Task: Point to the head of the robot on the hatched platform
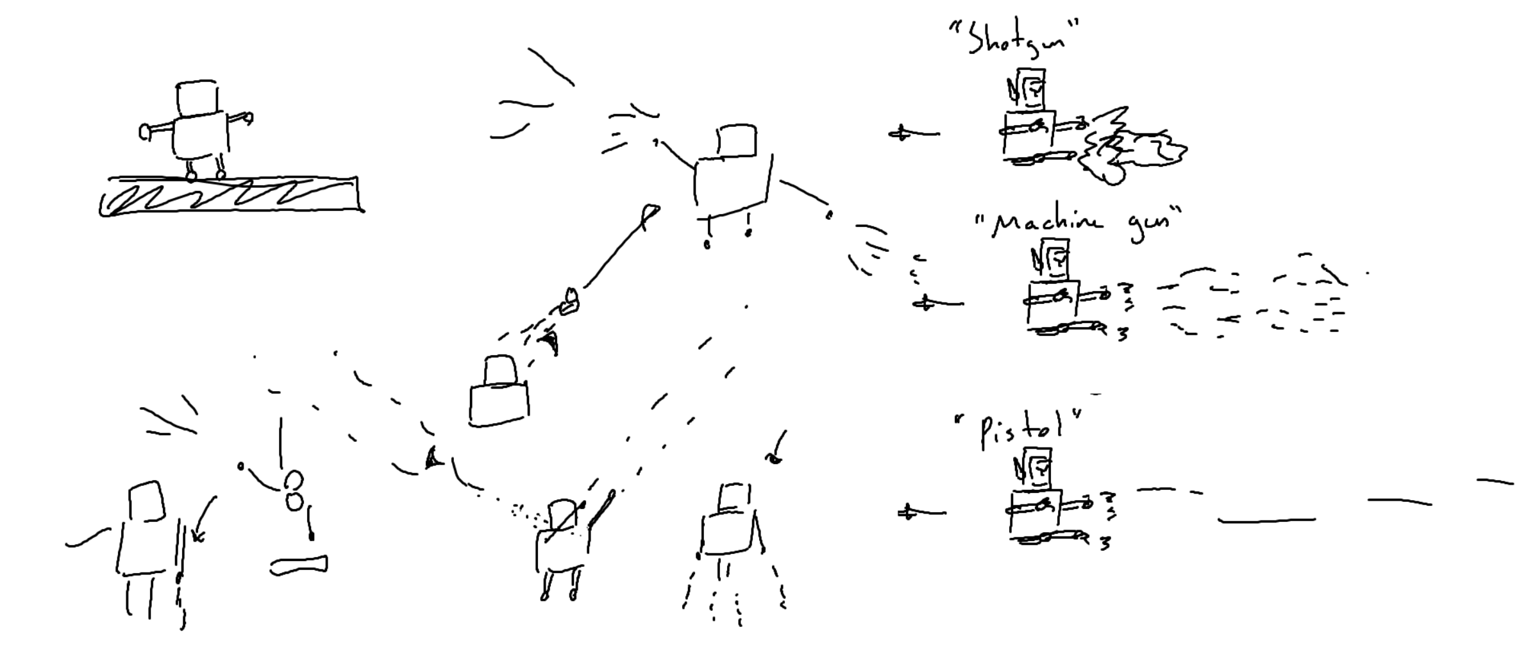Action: [196, 98]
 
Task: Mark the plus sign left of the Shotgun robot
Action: [901, 134]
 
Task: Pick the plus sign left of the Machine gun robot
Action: [924, 304]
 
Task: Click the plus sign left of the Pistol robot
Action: [906, 513]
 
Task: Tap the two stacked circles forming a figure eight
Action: [294, 490]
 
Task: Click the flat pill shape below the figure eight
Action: [299, 565]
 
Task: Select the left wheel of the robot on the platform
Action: [191, 176]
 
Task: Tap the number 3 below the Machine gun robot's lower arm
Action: [1123, 335]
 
